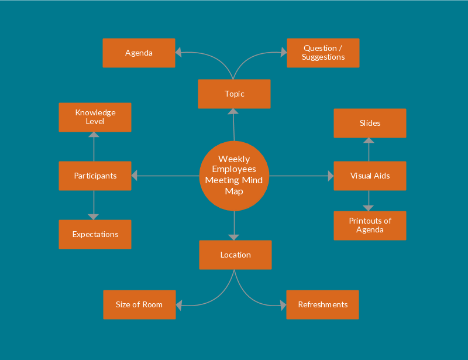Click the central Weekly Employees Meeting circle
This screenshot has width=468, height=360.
(x=234, y=176)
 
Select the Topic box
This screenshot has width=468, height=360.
(x=234, y=94)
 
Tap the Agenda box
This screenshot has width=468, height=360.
(x=139, y=53)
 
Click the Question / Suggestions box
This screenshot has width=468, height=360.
(x=323, y=53)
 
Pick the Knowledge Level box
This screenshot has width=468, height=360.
(x=95, y=117)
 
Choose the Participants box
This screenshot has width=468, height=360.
(x=95, y=176)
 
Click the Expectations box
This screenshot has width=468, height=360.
(x=95, y=234)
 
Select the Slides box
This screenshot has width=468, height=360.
(x=370, y=123)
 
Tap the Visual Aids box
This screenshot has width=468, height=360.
(x=370, y=176)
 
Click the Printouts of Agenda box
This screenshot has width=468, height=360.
(x=370, y=225)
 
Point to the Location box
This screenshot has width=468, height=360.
(x=235, y=255)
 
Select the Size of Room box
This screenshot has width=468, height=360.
(x=139, y=304)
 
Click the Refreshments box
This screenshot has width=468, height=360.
(x=322, y=304)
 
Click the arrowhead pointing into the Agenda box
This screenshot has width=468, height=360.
(x=178, y=53)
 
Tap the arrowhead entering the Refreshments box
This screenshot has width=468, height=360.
(x=283, y=305)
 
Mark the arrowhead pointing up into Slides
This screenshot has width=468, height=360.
(x=369, y=140)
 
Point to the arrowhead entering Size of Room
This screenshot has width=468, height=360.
(x=179, y=304)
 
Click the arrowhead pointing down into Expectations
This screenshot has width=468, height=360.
(x=94, y=217)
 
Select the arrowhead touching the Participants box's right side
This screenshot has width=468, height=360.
(x=135, y=176)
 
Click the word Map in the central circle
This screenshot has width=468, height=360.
(x=234, y=191)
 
